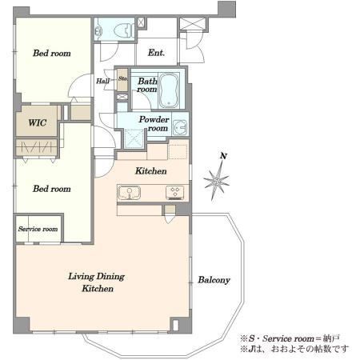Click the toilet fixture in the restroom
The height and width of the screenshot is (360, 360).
coord(124,30)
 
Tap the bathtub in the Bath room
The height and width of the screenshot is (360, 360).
coord(169,90)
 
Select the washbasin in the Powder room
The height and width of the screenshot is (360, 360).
coord(180,127)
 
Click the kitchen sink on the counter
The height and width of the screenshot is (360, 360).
coord(129,193)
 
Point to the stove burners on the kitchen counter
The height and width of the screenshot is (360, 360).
coord(174,193)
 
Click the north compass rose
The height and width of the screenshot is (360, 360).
coord(217,181)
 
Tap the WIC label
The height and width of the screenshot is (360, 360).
coord(38,122)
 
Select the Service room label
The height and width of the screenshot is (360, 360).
coord(38,229)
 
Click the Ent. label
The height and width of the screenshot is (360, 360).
coord(156,53)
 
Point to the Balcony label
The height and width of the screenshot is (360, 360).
coord(214,280)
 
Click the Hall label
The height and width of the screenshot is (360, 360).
coord(103,81)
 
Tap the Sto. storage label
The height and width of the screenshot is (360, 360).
coord(123,78)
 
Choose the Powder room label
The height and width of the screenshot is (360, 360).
coord(154,123)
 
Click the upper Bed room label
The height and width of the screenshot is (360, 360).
coord(52,53)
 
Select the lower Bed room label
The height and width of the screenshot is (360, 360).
coord(52,189)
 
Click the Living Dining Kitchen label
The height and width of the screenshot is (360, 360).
coord(97,282)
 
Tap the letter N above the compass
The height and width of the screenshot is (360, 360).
coord(223,156)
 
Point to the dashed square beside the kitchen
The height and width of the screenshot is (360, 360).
coord(178,152)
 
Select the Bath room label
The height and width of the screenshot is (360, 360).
coord(147,85)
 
